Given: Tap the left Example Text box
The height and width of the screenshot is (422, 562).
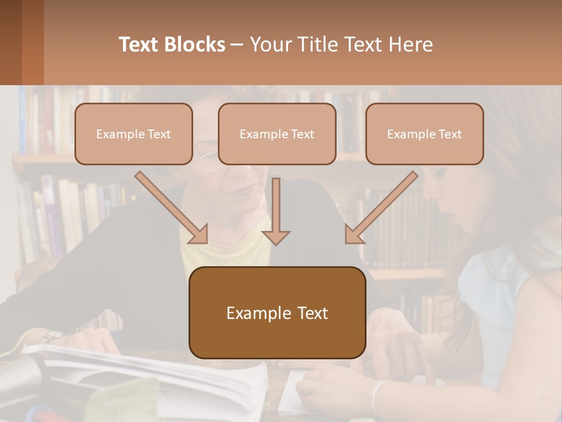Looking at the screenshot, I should pos(133,134).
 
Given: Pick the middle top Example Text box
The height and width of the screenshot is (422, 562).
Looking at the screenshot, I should pos(277,134).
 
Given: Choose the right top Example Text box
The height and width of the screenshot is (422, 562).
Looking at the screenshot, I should pos(424,134).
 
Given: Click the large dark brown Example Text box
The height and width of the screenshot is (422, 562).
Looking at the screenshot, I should pos(277,313).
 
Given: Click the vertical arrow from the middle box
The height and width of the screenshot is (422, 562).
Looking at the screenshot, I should pos(276,211).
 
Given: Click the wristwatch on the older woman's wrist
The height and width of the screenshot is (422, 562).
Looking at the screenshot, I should pos(52,336).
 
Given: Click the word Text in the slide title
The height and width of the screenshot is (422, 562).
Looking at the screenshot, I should pos(140,45).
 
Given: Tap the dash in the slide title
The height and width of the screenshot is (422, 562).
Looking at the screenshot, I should pos(237,45).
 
